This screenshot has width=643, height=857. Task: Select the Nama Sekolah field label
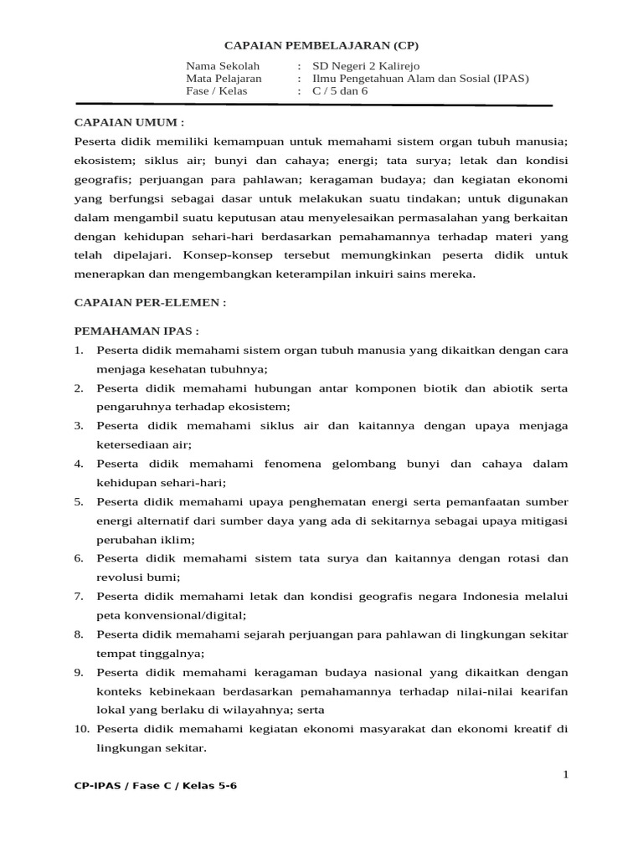coord(223,66)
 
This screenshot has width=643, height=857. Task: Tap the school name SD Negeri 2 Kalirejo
coord(366,66)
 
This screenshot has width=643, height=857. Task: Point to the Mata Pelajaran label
coord(224,79)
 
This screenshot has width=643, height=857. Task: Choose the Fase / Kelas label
coord(217,91)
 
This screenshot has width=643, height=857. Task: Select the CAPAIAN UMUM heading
coord(129,122)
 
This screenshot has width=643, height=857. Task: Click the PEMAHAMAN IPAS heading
coord(137,331)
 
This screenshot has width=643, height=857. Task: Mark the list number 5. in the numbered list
coord(78,502)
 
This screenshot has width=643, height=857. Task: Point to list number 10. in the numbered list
coord(81,730)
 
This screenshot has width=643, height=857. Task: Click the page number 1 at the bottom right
coord(565,775)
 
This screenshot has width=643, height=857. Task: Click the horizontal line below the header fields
coord(368,105)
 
